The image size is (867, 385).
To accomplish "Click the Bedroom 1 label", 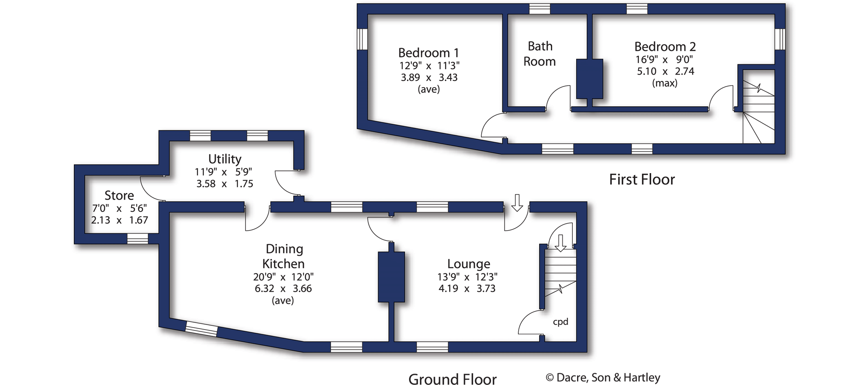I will [428, 53].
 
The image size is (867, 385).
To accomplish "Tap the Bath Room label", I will [540, 54].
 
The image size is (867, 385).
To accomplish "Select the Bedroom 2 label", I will [665, 46].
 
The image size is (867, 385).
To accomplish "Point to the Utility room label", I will [225, 159].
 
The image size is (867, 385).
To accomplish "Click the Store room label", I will [119, 196].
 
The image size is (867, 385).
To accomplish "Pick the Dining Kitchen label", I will [283, 256].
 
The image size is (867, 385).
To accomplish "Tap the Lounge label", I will [469, 264].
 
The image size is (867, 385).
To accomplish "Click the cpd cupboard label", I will [560, 322].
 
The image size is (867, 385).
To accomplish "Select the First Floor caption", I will [641, 180].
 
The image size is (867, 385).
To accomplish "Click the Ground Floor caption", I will [452, 379].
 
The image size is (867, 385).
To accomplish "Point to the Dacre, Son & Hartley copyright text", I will [603, 378].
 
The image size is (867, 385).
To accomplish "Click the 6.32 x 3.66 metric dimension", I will [283, 289].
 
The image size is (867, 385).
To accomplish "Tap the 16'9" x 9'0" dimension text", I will [664, 59].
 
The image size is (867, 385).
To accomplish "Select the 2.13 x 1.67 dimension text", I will [119, 220].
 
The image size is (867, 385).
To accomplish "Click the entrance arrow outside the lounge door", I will [517, 203].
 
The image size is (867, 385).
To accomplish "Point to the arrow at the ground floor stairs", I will [561, 243].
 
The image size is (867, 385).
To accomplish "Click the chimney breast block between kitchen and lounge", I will [391, 277].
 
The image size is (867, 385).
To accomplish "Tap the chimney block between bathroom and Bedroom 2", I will [589, 79].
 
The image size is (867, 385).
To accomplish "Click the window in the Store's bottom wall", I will [137, 239].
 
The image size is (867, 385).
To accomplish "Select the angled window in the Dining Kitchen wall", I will [201, 329].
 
